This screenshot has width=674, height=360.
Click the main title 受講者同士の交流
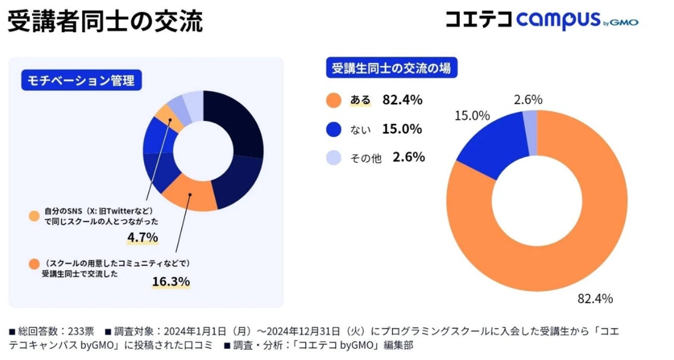(x=105, y=21)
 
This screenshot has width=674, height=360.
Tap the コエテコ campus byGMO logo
(x=541, y=20)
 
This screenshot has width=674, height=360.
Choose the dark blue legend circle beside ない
(x=334, y=129)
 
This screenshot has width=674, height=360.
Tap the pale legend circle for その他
(x=334, y=158)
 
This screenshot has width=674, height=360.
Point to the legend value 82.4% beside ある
(x=402, y=100)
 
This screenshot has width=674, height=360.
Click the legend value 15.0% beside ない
(x=402, y=129)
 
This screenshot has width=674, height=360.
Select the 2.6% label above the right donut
(x=528, y=100)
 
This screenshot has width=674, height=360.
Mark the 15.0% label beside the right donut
(x=472, y=116)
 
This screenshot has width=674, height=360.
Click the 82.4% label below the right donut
(x=595, y=298)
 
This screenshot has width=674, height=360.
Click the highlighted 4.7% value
(x=142, y=238)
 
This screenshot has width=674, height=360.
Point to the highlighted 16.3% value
(x=171, y=281)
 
